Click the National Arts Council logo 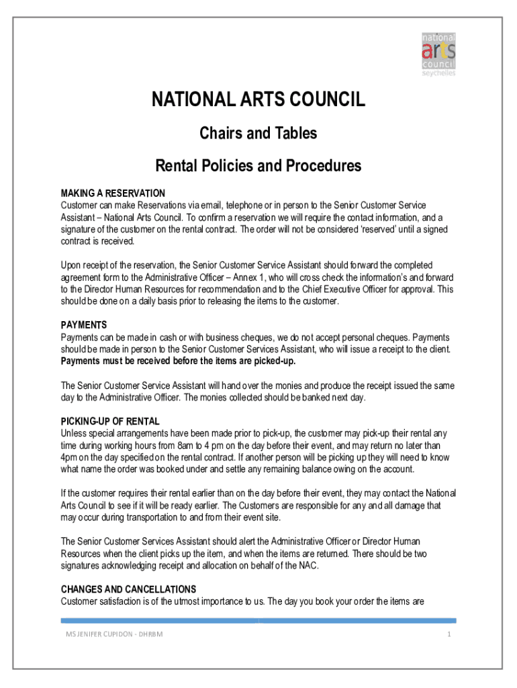tap(438, 54)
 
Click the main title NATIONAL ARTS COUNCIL tap(258, 101)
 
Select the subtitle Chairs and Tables tap(258, 134)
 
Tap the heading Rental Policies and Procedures tap(258, 165)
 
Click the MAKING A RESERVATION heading tap(113, 193)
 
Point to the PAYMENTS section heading tap(84, 325)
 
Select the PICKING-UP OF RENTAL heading tap(110, 421)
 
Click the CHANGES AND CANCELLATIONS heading tap(128, 589)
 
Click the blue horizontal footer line tap(258, 620)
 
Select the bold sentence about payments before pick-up tap(178, 361)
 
